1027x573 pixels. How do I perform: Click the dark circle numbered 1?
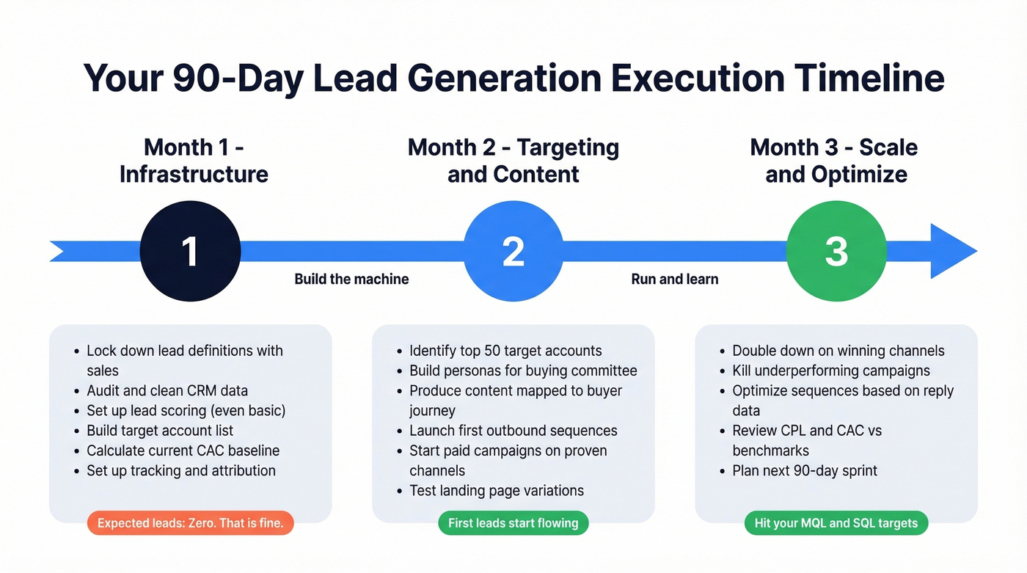point(190,251)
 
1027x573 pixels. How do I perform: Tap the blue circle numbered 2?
point(513,251)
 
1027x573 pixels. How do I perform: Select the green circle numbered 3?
point(836,251)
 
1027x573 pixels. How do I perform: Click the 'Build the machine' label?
point(351,279)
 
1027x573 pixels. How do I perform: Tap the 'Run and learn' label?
point(675,279)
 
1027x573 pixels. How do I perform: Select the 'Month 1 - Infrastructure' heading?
point(194,161)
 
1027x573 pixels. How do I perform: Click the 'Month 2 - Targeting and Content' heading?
point(513,161)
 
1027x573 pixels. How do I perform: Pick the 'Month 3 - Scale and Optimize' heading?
point(834,161)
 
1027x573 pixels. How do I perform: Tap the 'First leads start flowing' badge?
point(513,523)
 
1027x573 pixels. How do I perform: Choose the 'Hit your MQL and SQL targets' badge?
point(836,523)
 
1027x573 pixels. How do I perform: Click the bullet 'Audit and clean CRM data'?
point(167,390)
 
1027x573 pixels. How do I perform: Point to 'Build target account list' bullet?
point(160,430)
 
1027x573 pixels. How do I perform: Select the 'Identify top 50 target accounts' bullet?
point(505,351)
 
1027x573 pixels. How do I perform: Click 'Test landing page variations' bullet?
point(497,490)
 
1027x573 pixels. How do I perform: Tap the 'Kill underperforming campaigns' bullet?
point(831,371)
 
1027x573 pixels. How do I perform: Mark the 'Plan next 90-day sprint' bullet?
point(805,470)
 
